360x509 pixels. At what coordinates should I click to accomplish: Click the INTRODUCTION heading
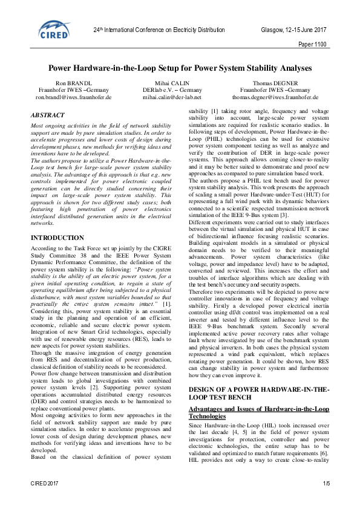(x=57, y=238)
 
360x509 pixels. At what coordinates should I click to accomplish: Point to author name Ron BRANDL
(x=73, y=82)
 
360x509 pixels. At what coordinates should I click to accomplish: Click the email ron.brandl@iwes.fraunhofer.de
(x=73, y=97)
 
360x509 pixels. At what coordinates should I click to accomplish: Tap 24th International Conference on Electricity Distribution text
(x=159, y=30)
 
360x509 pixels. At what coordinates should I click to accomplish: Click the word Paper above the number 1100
(x=307, y=44)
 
